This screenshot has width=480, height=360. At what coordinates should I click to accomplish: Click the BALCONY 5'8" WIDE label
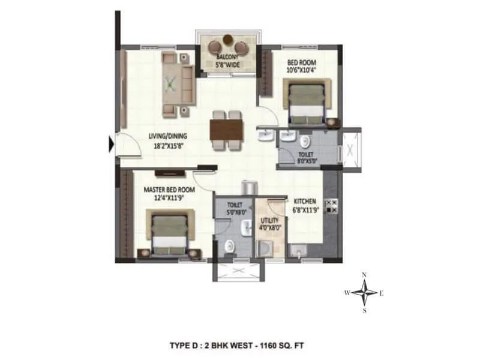(x=228, y=62)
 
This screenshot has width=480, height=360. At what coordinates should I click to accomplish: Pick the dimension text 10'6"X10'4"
(x=301, y=70)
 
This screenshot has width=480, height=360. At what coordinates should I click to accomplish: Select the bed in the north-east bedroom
(x=305, y=101)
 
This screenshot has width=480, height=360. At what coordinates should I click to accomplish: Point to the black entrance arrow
(x=112, y=144)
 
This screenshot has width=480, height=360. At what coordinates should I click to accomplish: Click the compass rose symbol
(x=364, y=293)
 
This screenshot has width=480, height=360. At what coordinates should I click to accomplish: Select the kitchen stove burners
(x=331, y=206)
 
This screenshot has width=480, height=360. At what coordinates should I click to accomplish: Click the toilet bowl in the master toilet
(x=229, y=245)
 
